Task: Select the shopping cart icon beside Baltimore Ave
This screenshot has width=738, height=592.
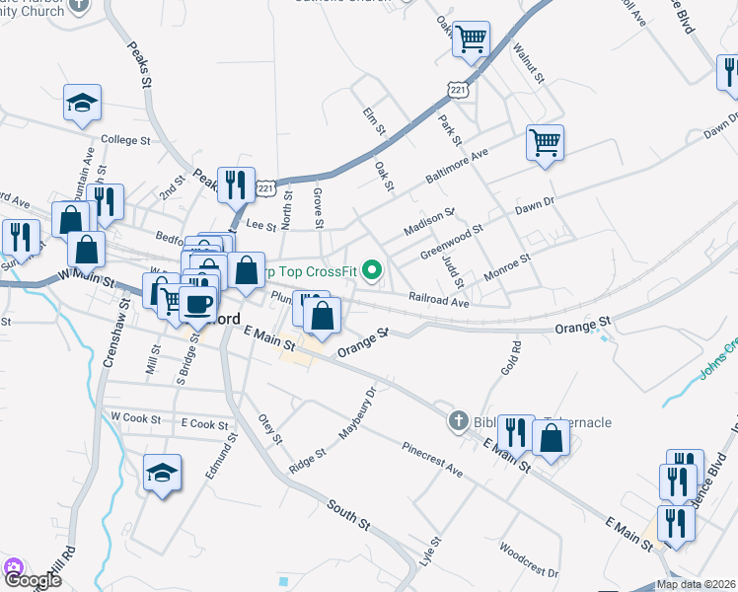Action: [x=544, y=142]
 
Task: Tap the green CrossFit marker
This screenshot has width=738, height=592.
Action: [x=372, y=268]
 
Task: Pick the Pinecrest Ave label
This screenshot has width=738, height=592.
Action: [x=431, y=459]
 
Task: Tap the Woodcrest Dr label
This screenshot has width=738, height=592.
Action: [x=528, y=559]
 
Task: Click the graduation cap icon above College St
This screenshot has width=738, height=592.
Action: [x=83, y=102]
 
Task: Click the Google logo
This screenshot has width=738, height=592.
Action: [x=32, y=579]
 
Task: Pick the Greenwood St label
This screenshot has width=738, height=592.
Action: [x=450, y=243]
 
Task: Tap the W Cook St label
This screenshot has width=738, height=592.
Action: [x=136, y=418]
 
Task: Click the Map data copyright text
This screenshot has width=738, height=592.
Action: [x=697, y=584]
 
